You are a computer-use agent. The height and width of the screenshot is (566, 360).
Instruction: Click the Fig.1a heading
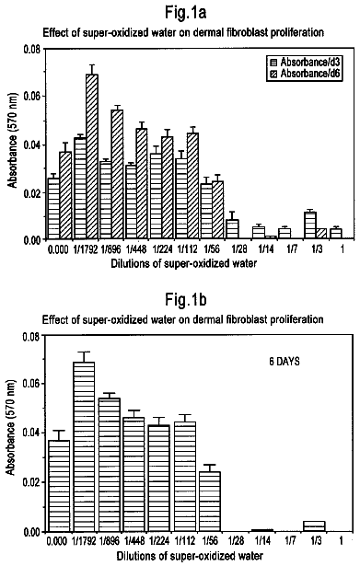pos(186,13)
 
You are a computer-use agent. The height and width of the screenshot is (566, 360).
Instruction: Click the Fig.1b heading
pos(186,300)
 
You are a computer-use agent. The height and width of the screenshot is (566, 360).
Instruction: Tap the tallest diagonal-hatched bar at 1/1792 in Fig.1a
pos(92,156)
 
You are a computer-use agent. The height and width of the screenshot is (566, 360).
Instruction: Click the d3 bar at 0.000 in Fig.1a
pos(53,208)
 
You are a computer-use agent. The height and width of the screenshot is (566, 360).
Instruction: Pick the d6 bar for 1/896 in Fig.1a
pos(117,174)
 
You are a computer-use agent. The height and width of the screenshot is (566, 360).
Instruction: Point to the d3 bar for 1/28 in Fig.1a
pos(232,229)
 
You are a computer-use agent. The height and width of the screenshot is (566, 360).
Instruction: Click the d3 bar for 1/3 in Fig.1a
pos(310,225)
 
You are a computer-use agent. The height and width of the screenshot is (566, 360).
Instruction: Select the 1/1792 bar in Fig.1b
pos(84,446)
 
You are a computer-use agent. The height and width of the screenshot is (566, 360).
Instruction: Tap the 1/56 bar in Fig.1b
pos(210,502)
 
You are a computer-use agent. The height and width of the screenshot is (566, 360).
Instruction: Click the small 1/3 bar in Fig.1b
pos(315,526)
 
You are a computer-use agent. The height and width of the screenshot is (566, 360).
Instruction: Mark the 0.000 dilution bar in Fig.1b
pos(59,486)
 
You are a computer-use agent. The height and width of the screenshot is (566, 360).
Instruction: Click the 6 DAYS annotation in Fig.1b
pos(285,362)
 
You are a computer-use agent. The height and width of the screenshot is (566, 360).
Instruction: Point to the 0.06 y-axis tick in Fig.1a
pos(32,97)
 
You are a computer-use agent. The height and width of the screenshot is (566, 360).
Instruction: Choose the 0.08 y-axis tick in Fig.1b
pos(31,337)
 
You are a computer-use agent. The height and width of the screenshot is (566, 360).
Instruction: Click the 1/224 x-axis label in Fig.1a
pos(162,249)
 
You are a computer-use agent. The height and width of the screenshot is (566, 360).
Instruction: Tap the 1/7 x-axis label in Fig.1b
pos(291,540)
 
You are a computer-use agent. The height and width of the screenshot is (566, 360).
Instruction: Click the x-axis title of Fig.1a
pos(184,263)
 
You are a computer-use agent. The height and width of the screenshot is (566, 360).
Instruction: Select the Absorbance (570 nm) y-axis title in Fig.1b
pos(11,427)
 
